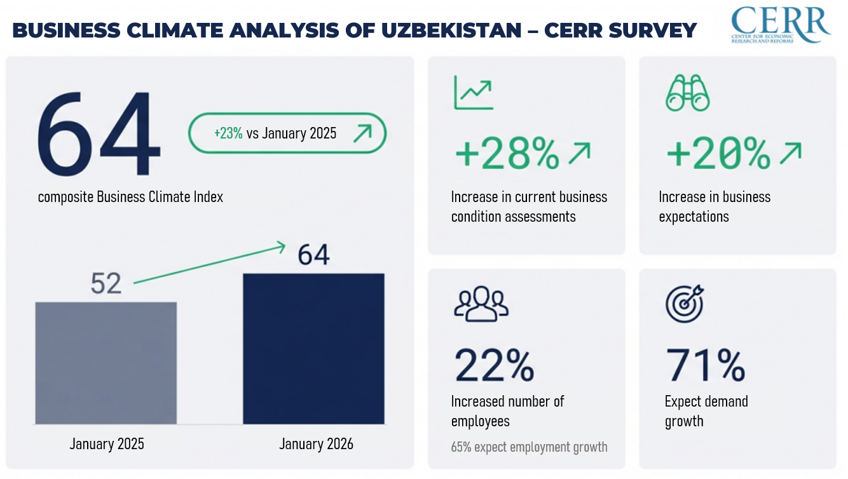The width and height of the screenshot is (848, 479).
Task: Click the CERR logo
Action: [781, 25]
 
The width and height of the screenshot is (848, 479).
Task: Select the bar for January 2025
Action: [106, 363]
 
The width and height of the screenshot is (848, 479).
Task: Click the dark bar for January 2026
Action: [314, 349]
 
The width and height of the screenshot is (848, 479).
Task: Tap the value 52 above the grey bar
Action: [106, 283]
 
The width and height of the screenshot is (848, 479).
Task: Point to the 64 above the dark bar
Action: [314, 255]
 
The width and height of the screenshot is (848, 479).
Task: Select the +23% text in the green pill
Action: [228, 133]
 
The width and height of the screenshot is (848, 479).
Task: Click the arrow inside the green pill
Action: [362, 133]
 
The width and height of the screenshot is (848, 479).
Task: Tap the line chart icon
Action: [473, 93]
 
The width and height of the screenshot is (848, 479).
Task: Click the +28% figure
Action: [507, 154]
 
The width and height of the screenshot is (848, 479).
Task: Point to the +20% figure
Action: [718, 154]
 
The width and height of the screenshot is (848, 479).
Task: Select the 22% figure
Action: [495, 365]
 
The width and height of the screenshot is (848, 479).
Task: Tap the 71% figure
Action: [705, 365]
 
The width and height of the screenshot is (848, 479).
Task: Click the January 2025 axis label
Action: [107, 443]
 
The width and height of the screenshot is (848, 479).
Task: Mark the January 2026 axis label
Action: [316, 443]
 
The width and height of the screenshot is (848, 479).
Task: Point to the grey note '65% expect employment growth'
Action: [529, 447]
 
